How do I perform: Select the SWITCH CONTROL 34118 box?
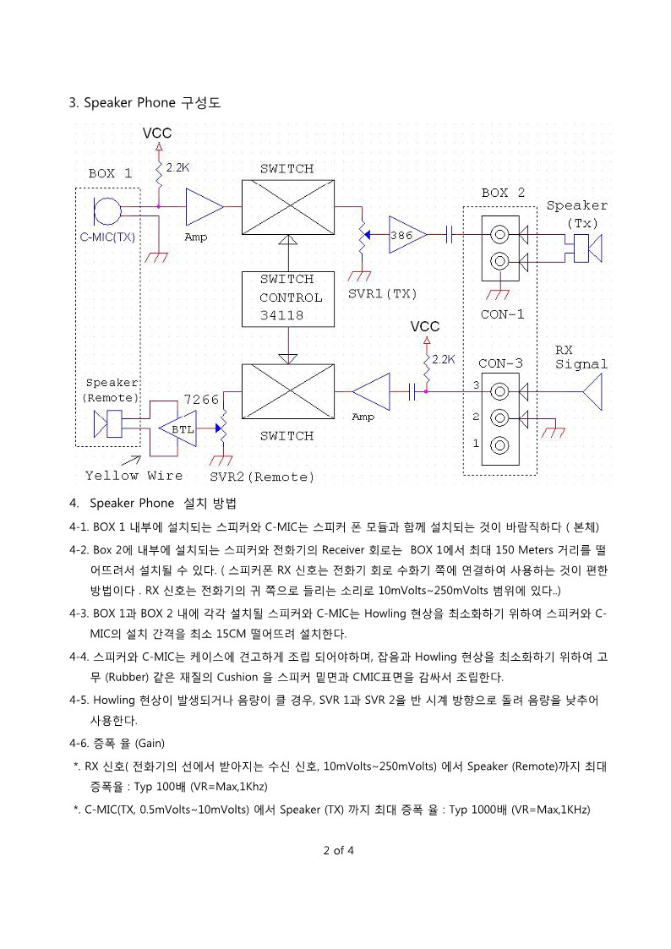point(288,299)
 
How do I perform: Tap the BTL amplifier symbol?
point(177,428)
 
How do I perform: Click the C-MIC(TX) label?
point(107,237)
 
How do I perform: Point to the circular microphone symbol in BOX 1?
point(107,211)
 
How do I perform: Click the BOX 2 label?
point(503,193)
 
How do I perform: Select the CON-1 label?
point(502,314)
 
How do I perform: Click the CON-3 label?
point(500,363)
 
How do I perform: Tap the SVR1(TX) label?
point(382,294)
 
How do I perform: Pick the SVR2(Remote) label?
point(262,477)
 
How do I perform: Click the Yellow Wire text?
point(134,476)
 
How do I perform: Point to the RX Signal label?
point(581,357)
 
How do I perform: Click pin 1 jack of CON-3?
point(499,446)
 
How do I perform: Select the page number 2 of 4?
point(339,850)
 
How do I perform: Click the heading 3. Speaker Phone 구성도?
point(145,103)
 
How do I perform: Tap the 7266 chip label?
point(201,400)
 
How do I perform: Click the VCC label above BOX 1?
point(157,134)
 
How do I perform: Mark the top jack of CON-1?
point(499,233)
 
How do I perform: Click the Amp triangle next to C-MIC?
point(205,207)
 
